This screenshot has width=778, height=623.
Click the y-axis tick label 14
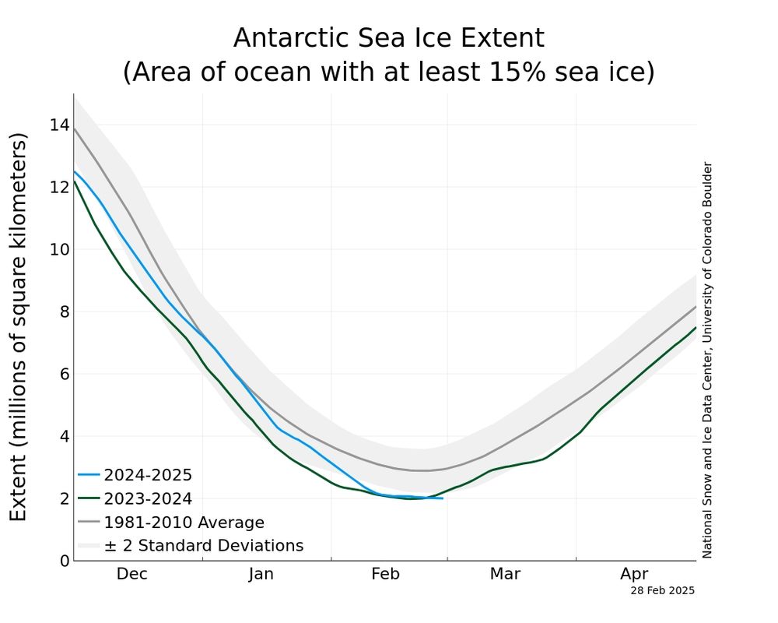coord(59,125)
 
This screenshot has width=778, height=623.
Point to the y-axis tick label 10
coord(59,250)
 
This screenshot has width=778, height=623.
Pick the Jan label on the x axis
coord(261,575)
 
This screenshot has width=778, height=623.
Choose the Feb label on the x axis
coord(385,575)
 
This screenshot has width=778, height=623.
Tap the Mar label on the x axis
coord(505,575)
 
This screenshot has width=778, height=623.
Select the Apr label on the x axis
coord(634,575)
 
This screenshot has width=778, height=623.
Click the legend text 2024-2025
coord(148,475)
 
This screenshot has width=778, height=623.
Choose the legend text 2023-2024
coord(148,499)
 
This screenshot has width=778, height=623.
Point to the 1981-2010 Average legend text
coord(184,523)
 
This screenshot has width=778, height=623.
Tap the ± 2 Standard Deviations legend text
coord(203,546)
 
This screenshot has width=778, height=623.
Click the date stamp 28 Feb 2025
coord(662,591)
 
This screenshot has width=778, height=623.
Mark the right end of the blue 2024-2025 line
coord(443,498)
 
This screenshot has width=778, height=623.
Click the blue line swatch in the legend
coord(88,475)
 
